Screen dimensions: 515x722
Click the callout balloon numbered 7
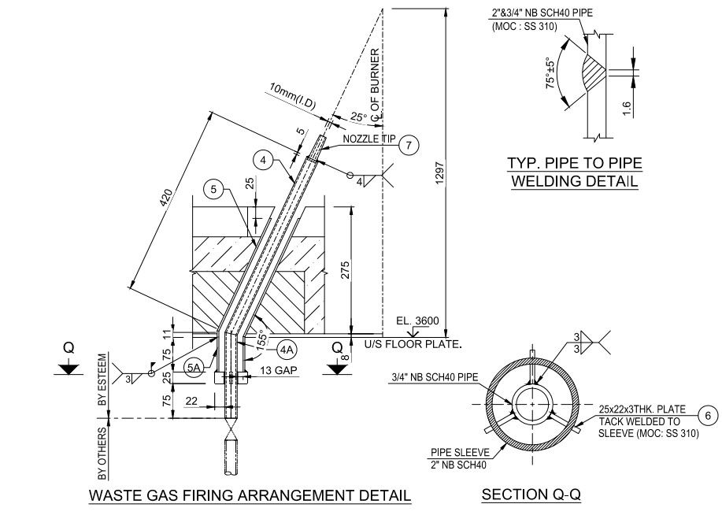click(x=408, y=145)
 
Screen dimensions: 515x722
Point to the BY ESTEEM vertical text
click(x=102, y=379)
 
